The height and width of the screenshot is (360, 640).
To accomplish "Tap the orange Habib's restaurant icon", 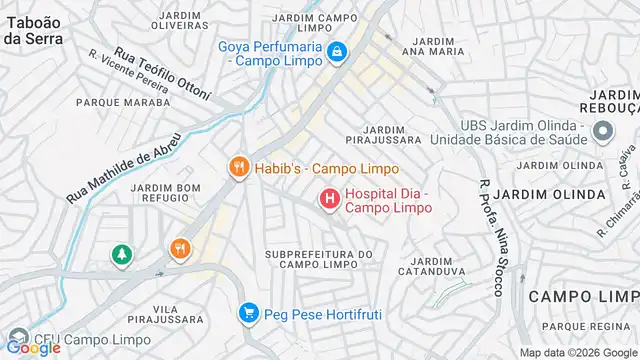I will (238, 168).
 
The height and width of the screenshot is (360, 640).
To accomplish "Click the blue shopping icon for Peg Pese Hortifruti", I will (249, 314).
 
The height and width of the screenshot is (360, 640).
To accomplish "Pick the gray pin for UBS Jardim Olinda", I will (603, 132).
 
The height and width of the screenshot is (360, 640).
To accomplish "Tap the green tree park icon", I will (121, 256).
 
